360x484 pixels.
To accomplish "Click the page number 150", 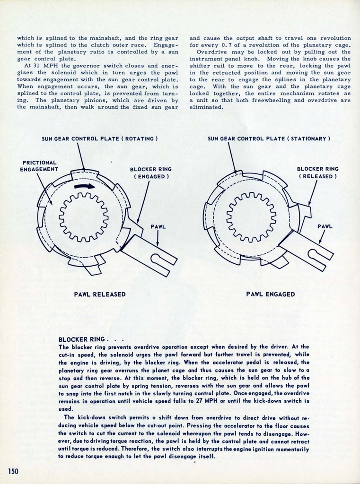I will pyautogui.click(x=13, y=471).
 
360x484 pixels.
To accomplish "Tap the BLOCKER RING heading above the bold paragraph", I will pyautogui.click(x=81, y=339).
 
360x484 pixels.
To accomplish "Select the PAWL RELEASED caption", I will pyautogui.click(x=100, y=294).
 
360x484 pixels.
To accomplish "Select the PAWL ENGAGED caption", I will pyautogui.click(x=270, y=294).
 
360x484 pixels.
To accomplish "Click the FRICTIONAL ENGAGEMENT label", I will pyautogui.click(x=39, y=166).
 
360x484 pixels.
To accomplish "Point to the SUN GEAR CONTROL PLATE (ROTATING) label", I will pyautogui.click(x=99, y=139).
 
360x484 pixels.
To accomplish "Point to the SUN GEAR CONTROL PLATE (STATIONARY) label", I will pyautogui.click(x=269, y=139).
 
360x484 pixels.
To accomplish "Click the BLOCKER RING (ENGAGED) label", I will pyautogui.click(x=150, y=173).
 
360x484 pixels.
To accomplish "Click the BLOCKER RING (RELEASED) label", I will pyautogui.click(x=317, y=173).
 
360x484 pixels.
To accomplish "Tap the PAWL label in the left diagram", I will pyautogui.click(x=158, y=227).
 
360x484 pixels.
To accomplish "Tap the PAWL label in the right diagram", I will pyautogui.click(x=325, y=226).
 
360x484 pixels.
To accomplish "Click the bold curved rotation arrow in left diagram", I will pyautogui.click(x=85, y=186).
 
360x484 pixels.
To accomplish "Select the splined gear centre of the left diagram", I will pyautogui.click(x=84, y=217).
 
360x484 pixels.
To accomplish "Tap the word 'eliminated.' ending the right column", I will pyautogui.click(x=206, y=107).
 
